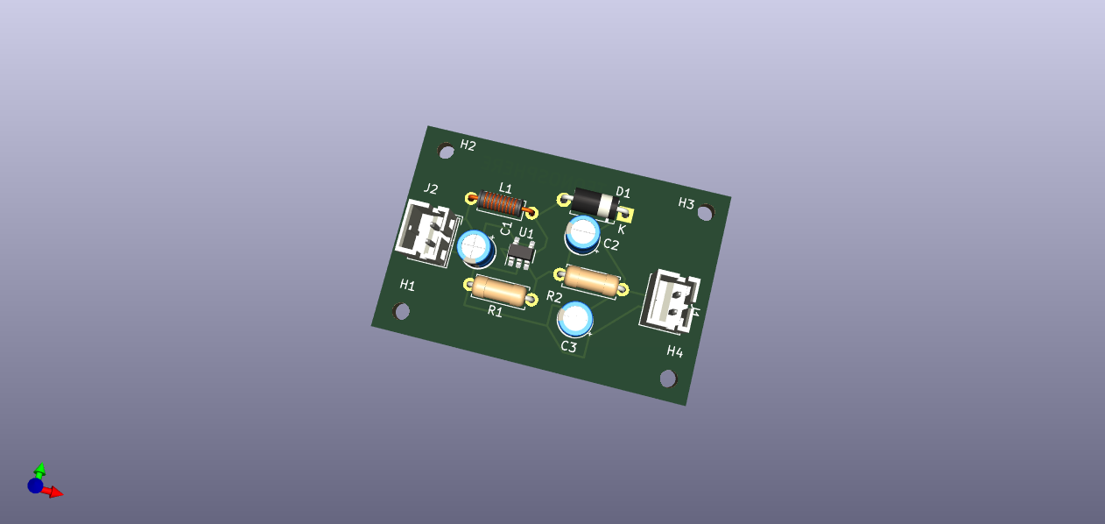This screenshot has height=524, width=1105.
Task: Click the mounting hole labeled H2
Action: click(447, 152)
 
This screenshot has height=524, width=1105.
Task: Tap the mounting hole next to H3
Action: click(706, 212)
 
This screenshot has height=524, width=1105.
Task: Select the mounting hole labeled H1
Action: click(402, 311)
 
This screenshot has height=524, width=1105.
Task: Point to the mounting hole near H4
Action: click(668, 379)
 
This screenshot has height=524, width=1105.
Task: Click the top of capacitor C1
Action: click(475, 246)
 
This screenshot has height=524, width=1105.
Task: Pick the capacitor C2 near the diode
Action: click(582, 233)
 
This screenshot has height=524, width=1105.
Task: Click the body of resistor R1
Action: click(500, 290)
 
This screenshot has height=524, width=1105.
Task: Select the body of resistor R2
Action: click(591, 280)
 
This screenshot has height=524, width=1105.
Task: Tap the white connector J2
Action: click(426, 231)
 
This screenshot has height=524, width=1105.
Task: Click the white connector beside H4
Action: click(671, 301)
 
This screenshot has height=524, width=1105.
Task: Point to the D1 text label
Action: click(623, 192)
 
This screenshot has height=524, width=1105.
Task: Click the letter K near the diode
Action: click(622, 229)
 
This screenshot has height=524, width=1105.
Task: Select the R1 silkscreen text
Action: click(496, 311)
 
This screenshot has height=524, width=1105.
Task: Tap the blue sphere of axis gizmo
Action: click(35, 485)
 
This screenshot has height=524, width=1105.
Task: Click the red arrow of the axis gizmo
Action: click(54, 492)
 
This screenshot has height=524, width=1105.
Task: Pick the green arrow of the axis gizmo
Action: click(40, 471)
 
